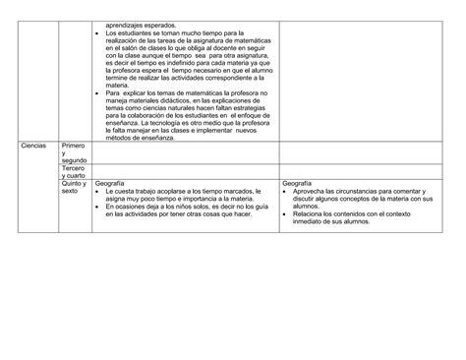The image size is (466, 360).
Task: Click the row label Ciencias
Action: (33, 145)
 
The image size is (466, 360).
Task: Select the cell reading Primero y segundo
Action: (73, 151)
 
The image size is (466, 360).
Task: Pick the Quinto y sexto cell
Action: (73, 188)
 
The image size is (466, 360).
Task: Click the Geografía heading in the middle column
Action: (107, 184)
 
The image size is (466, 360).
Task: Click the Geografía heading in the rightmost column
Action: (296, 184)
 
